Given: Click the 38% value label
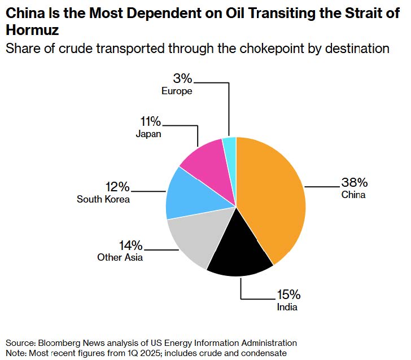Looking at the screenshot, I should (x=354, y=182).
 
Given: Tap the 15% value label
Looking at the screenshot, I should (x=288, y=295).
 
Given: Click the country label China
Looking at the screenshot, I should (x=353, y=195).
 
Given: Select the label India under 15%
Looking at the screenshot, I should (x=287, y=308).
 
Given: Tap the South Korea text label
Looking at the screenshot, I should (x=103, y=199).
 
